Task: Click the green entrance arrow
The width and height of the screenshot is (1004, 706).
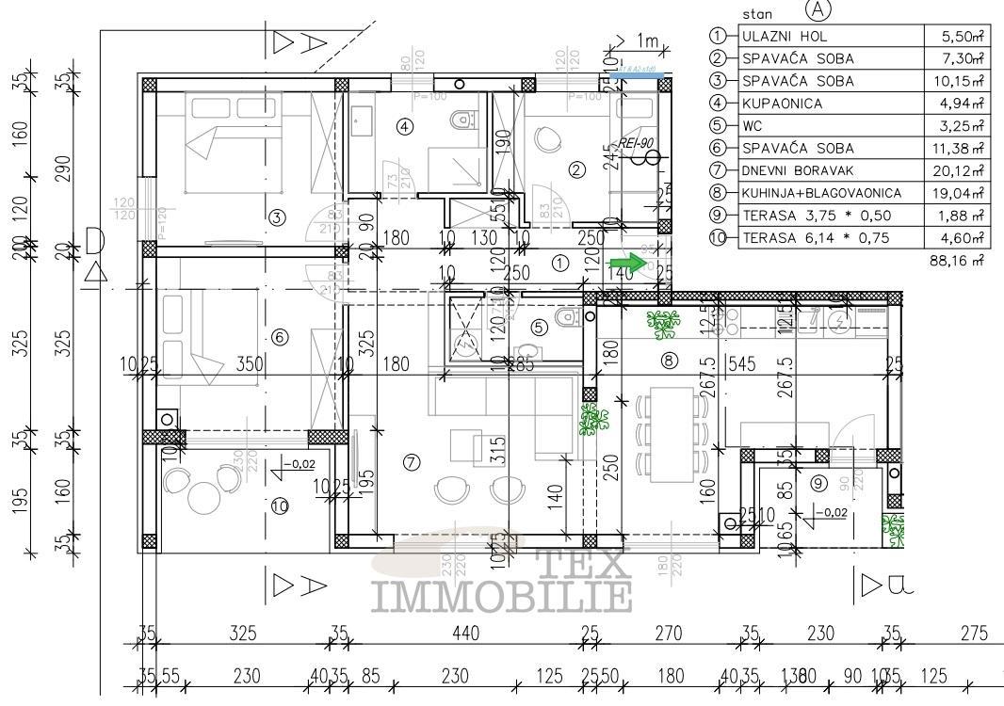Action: (623, 264)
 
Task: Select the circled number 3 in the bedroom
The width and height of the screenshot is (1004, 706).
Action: (276, 217)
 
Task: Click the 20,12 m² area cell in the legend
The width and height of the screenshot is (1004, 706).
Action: (962, 170)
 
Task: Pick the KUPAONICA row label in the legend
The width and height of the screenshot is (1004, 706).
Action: (782, 104)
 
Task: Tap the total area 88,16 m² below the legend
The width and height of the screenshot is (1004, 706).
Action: (957, 260)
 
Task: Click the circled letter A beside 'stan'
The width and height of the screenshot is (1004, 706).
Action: (818, 10)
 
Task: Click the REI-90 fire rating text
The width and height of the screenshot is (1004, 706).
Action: (638, 142)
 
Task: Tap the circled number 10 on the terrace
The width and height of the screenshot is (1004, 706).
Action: (280, 505)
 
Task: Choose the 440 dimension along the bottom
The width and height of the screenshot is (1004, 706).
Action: (463, 634)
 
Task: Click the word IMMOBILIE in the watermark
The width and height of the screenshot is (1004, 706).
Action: (502, 596)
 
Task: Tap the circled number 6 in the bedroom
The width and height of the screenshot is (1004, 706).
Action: (278, 337)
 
